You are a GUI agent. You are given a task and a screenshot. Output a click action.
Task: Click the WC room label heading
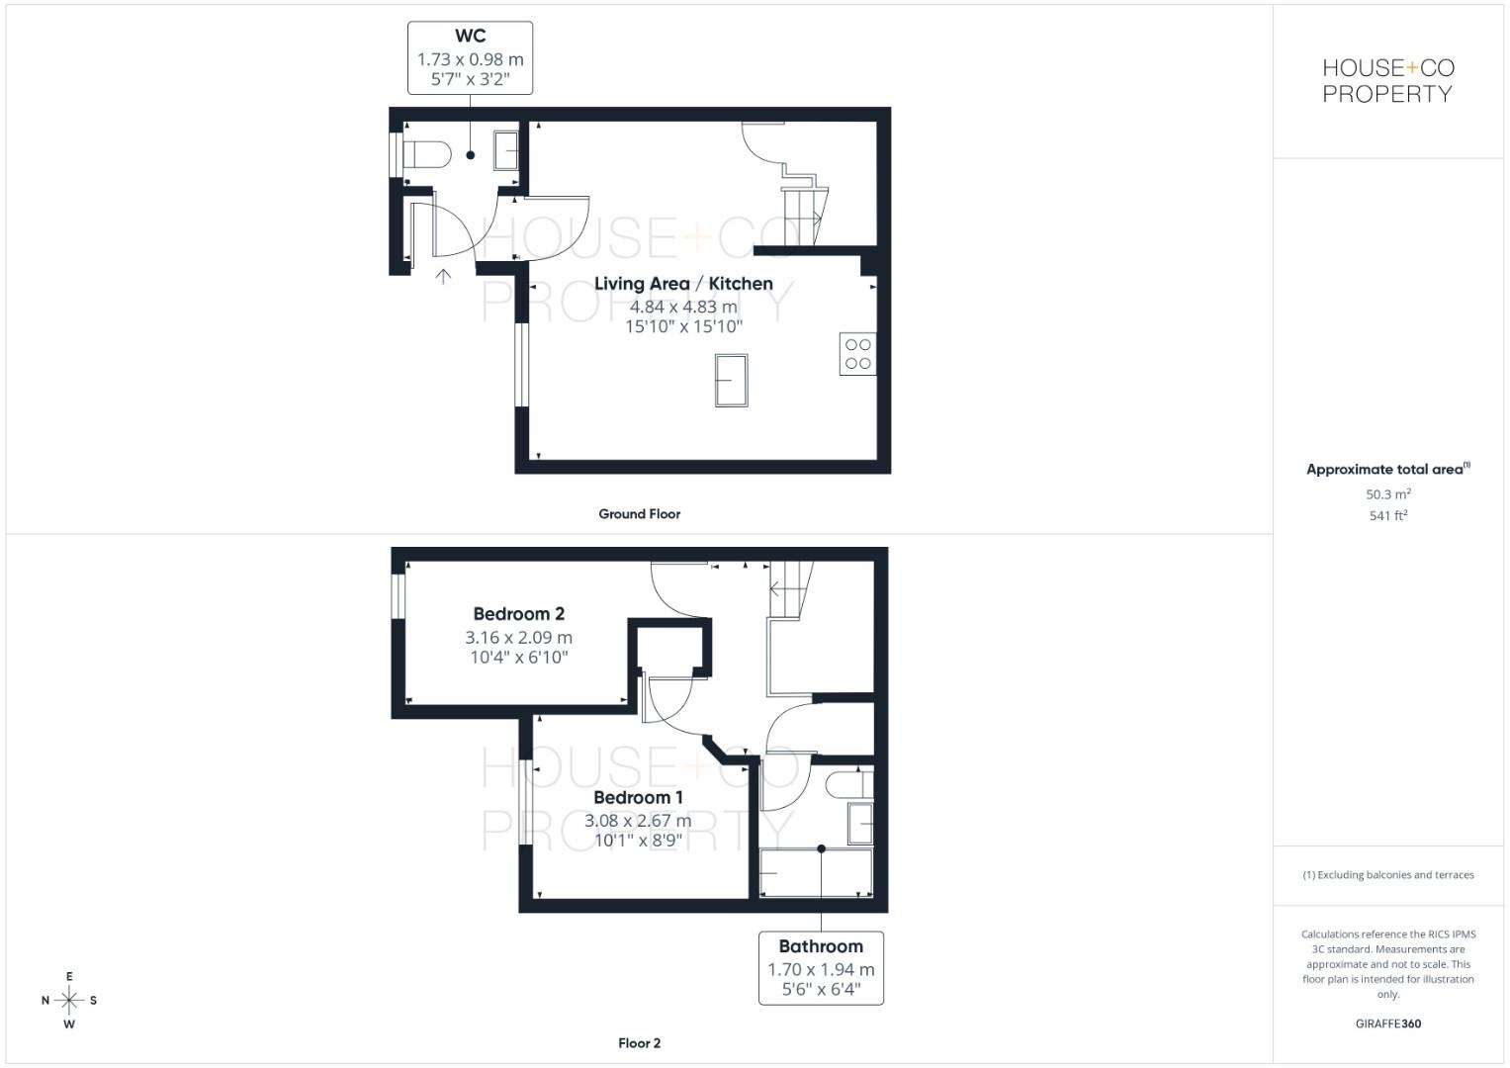click(470, 36)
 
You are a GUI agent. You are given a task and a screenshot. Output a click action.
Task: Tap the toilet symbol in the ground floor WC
click(427, 154)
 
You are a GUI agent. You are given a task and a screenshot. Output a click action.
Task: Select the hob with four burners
click(857, 354)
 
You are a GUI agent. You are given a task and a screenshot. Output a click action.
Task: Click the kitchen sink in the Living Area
click(732, 381)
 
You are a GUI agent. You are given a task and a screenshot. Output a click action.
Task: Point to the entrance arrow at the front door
click(443, 277)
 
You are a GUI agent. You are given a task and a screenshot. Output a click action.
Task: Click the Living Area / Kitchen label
click(683, 284)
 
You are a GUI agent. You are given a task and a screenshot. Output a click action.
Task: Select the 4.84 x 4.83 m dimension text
click(683, 307)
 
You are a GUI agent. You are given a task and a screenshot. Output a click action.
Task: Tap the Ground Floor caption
click(639, 514)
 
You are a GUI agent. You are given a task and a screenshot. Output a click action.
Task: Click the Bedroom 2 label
click(518, 613)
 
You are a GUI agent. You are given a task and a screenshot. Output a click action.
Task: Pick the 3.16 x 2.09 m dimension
click(518, 637)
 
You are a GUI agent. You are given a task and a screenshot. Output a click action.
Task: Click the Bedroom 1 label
click(638, 798)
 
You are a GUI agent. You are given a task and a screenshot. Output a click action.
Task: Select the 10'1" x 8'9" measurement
click(638, 841)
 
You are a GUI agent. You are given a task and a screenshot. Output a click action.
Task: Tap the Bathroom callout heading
click(821, 946)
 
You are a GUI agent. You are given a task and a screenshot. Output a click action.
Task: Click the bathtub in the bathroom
click(816, 873)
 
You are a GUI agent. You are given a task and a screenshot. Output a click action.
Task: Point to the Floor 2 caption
click(639, 1043)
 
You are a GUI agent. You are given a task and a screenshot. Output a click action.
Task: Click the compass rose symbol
click(69, 1000)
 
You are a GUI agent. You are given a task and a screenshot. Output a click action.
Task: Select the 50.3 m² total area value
click(1388, 493)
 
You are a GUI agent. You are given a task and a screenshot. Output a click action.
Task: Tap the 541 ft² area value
click(1388, 515)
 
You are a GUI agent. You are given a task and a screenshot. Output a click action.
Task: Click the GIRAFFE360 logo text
click(1388, 1023)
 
